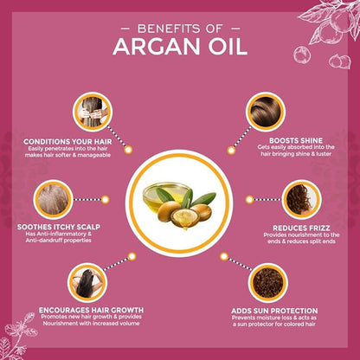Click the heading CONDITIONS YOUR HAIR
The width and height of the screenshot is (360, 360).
(x=67, y=142)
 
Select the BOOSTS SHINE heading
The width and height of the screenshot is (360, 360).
(x=296, y=140)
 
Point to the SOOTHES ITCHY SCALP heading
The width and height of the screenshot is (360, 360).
(x=59, y=227)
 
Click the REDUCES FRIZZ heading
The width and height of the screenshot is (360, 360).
(x=301, y=228)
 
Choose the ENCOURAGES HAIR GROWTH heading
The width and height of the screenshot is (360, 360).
(x=91, y=310)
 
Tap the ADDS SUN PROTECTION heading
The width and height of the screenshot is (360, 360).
(x=274, y=311)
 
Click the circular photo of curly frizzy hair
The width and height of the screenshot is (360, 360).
(x=301, y=199)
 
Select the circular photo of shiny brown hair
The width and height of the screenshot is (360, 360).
(x=266, y=112)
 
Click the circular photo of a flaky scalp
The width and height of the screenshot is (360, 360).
(x=53, y=199)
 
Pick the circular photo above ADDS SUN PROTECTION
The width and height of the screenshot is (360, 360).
(x=268, y=283)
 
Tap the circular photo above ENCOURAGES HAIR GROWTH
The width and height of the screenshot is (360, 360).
(x=87, y=283)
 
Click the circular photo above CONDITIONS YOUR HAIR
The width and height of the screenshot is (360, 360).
(x=93, y=112)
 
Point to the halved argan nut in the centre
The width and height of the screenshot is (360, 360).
(x=185, y=218)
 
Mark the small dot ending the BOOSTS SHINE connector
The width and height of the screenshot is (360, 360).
(x=231, y=150)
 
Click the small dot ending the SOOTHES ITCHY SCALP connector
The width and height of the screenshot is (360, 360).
(x=106, y=199)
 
